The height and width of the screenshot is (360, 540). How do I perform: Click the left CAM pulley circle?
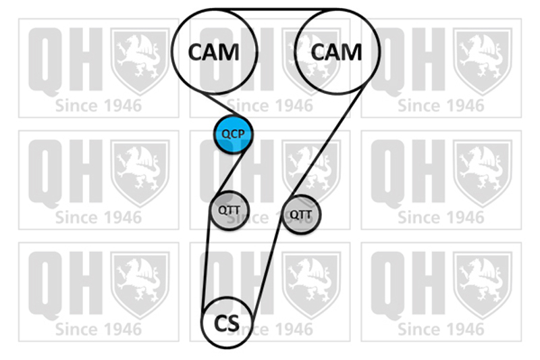[214, 51]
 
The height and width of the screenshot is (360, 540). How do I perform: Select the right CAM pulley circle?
[337, 51]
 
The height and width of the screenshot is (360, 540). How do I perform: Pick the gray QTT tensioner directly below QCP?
[229, 210]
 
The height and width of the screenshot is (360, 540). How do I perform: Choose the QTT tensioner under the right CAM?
[301, 214]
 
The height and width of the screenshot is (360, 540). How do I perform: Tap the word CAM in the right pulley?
[337, 51]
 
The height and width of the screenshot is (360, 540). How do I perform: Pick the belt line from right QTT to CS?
[268, 270]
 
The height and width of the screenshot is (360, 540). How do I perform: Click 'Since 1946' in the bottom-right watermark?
[441, 330]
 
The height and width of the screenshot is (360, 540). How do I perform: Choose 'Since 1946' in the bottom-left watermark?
[99, 330]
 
